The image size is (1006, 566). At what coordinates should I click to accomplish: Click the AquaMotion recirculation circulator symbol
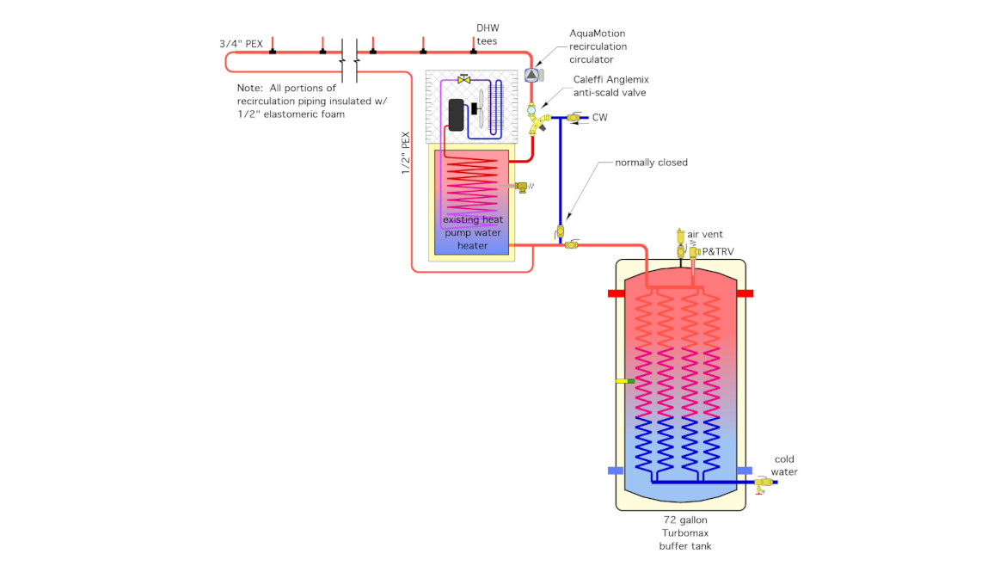tap(531, 75)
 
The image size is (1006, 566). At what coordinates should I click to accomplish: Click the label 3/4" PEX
tap(241, 44)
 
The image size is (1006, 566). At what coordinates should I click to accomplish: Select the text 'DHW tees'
tap(487, 34)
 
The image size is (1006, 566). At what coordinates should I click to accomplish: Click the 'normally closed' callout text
tap(651, 163)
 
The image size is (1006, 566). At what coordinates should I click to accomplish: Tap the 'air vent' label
tap(705, 234)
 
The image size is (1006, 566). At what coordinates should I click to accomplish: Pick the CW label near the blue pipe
tap(599, 117)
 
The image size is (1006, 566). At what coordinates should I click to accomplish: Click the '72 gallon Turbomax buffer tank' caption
tap(685, 532)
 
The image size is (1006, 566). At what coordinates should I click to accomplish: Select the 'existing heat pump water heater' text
tap(472, 232)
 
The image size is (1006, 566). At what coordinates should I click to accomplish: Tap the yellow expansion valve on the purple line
tap(464, 80)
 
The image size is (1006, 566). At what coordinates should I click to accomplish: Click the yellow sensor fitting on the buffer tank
tap(624, 380)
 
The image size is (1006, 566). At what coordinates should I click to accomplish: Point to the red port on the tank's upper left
tap(616, 293)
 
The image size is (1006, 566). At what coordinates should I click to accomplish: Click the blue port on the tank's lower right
tap(745, 471)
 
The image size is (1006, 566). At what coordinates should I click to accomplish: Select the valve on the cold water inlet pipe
tap(759, 484)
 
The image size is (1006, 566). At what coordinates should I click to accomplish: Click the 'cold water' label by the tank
tap(784, 465)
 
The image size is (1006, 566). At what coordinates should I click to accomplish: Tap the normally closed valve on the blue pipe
tap(559, 231)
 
